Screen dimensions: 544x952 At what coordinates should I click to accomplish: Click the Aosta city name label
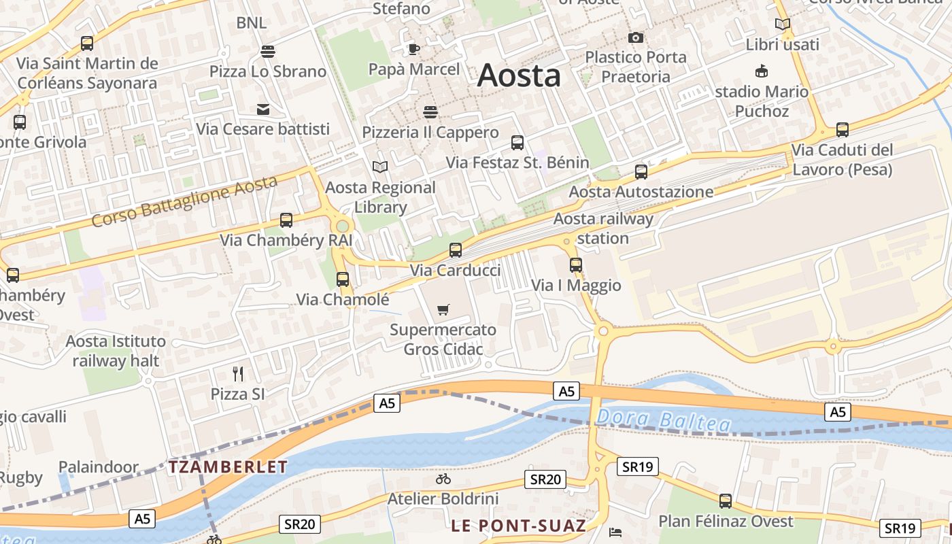pos(519,75)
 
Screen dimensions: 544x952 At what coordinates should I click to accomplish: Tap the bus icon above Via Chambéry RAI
pos(286,220)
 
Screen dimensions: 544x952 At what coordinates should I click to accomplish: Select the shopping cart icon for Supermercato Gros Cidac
pos(443,310)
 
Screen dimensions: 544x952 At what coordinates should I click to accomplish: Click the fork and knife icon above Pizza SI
pos(238,373)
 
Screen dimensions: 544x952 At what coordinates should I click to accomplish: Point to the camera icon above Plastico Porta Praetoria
pos(636,37)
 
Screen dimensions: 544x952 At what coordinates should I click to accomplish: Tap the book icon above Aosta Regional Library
pos(380,167)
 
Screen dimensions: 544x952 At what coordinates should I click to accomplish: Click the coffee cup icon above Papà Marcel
pos(414,49)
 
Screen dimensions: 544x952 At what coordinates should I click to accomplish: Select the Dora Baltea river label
pos(664,421)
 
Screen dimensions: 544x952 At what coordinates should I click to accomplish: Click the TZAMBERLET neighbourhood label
pos(228,467)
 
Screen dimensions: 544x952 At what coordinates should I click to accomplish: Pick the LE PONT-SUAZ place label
pos(518,526)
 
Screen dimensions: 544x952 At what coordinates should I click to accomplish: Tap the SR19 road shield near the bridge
pos(638,466)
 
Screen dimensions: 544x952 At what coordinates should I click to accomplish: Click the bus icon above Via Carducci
pos(456,250)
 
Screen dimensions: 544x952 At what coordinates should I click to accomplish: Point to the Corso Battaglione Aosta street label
pos(185,201)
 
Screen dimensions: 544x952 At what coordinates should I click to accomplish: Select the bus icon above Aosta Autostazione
pos(641,172)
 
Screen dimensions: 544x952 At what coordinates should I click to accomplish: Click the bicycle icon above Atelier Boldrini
pos(443,479)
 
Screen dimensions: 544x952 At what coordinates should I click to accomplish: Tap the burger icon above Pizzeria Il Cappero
pos(430,112)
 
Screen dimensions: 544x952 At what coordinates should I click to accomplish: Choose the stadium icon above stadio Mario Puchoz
pos(762,71)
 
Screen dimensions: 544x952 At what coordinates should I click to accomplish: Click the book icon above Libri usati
pos(783,24)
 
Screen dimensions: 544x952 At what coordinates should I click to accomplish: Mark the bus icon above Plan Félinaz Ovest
pos(726,501)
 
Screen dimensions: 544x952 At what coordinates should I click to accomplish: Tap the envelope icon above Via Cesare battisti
pos(262,109)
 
